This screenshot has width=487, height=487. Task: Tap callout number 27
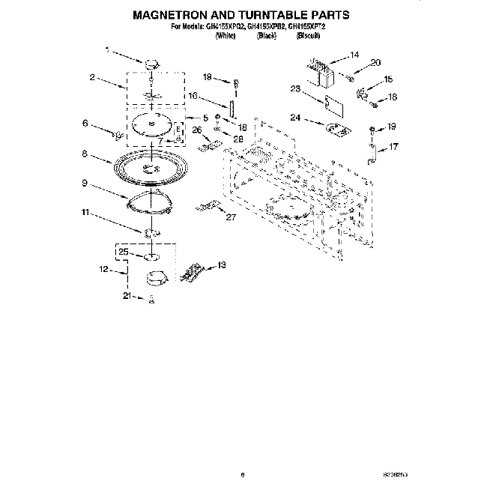(232, 217)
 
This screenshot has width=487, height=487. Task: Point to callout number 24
(295, 118)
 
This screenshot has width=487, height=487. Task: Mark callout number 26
(197, 130)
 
